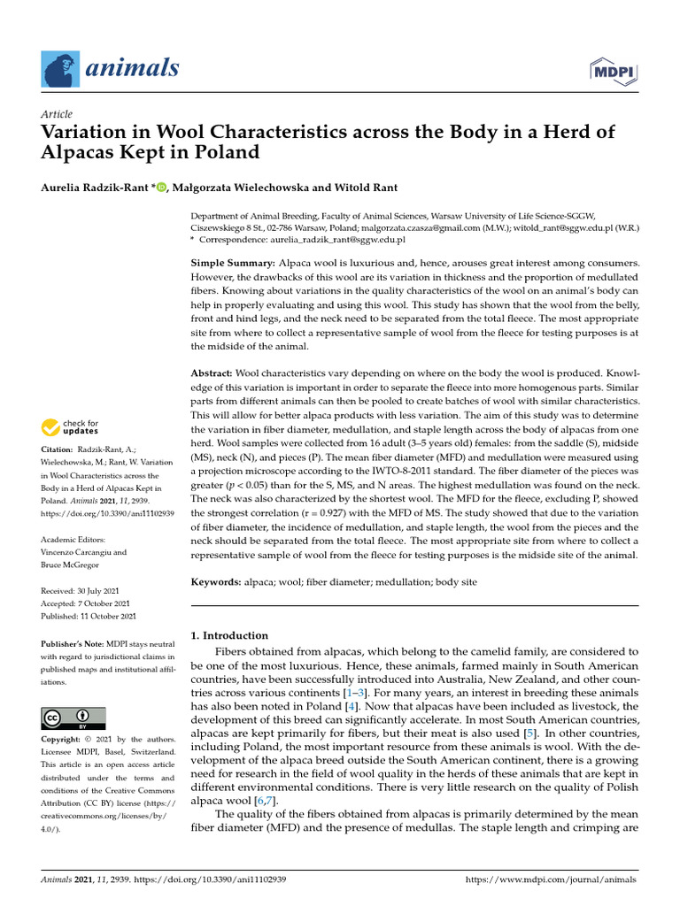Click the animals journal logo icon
(60, 67)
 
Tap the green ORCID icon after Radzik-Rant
(160, 188)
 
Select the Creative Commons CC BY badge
(73, 718)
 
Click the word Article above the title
(57, 114)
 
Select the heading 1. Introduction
(229, 635)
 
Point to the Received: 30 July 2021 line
(84, 590)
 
